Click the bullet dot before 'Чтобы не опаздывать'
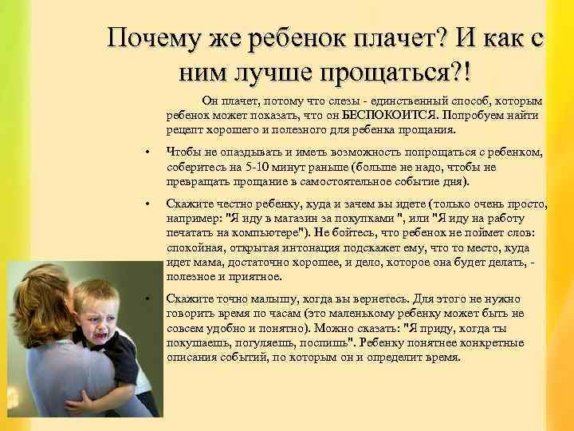[x=147, y=153]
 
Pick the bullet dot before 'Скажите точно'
[x=147, y=298]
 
